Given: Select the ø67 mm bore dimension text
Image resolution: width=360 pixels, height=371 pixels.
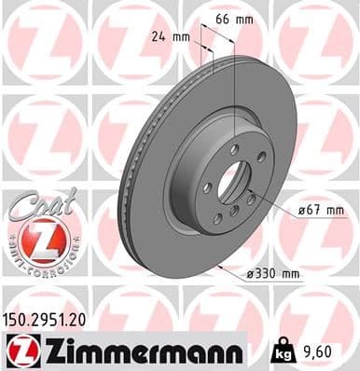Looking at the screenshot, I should (316, 210).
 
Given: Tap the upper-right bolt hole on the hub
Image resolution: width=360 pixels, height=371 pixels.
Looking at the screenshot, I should (260, 156).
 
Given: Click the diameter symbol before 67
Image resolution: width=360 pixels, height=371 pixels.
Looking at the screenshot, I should (301, 210).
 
